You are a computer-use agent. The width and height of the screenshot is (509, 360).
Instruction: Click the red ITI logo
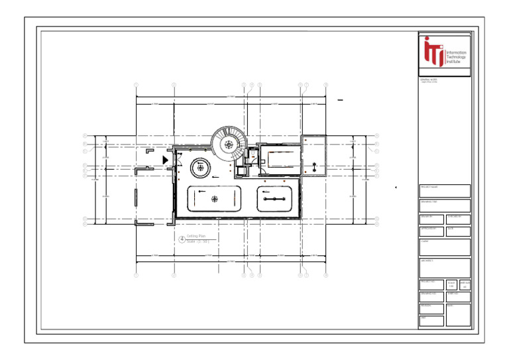pos(434,52)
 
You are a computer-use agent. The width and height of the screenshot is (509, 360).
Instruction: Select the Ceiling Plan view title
pos(198,235)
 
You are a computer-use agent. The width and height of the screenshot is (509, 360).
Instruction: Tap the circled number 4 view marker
pos(182,239)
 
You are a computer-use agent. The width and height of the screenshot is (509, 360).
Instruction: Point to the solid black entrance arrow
pos(165,160)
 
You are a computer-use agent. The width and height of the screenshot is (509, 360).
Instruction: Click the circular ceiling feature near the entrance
pos(201,168)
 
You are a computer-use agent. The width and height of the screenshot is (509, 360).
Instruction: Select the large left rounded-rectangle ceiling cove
pos(214,198)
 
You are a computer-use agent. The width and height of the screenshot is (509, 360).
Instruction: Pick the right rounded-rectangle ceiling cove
pos(274,198)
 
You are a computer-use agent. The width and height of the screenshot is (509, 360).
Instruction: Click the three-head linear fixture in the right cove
pos(274,198)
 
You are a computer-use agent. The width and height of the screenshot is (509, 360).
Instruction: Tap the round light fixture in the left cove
pos(214,198)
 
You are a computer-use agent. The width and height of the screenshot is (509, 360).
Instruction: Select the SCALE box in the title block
pos(451,284)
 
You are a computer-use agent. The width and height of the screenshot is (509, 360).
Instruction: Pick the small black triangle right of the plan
pos(396,188)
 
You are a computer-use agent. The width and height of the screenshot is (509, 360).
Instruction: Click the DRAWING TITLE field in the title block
pos(445,205)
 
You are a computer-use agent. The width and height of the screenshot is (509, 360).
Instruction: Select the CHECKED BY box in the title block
pos(458,219)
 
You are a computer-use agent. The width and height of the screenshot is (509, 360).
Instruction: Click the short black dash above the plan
pos(340,100)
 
